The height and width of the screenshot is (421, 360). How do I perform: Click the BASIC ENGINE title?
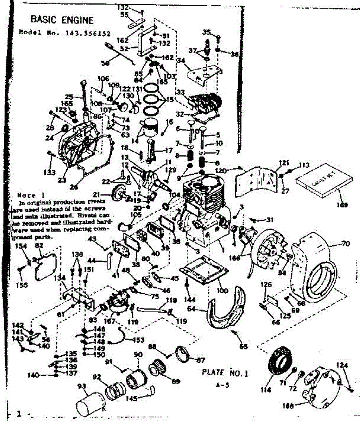[62, 20]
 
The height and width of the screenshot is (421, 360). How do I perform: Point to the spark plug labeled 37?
[207, 47]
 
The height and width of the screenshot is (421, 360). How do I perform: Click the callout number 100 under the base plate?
[223, 290]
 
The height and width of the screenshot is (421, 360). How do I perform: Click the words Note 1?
[26, 195]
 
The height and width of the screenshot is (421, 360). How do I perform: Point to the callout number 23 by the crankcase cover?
[62, 181]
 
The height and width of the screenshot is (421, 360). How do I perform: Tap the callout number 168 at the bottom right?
[288, 407]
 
